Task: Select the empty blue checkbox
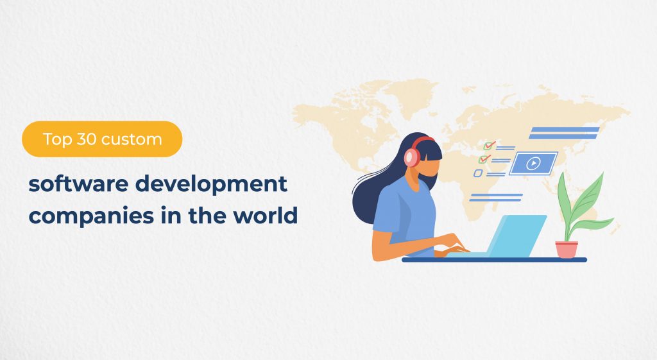(478, 173)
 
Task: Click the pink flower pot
(567, 249)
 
